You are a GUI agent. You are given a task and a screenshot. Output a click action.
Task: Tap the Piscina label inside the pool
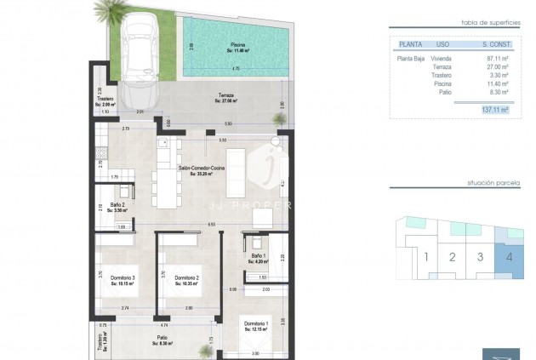pos(237,46)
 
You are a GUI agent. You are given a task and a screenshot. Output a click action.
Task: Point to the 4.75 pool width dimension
pos(236,68)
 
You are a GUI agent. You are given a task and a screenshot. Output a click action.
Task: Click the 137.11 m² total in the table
pos(494,110)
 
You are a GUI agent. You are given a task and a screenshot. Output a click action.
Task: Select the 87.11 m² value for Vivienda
pos(495,58)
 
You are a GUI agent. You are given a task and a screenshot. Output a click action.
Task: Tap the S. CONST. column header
pos(495,43)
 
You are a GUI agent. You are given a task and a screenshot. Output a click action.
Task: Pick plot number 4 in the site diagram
pos(508,256)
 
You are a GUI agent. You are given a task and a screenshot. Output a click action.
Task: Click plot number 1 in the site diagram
pos(425,256)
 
